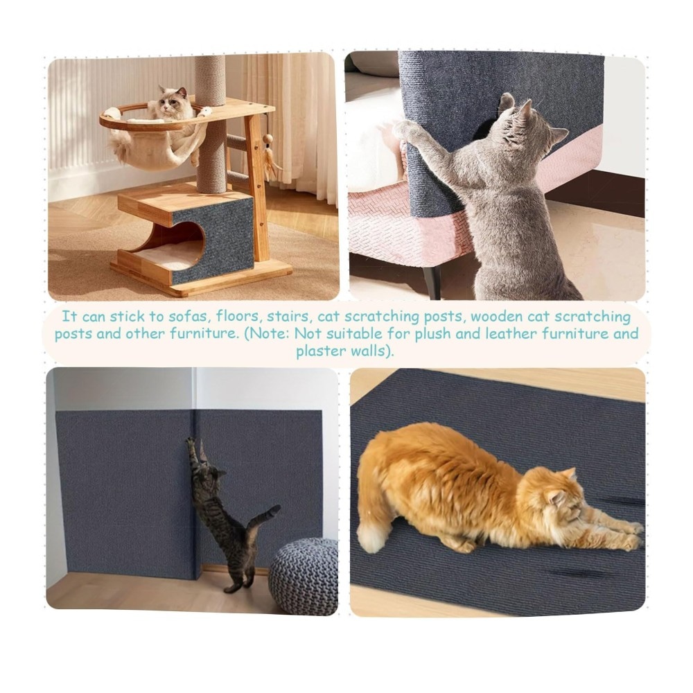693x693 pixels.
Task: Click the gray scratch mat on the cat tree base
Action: click(213, 241)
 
